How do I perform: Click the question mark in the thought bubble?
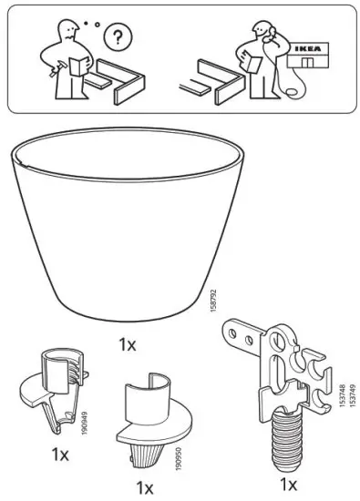(x=117, y=38)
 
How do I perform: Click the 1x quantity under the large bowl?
(x=127, y=345)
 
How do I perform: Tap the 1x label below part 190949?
(x=60, y=454)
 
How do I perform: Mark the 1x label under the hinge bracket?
(x=289, y=483)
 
